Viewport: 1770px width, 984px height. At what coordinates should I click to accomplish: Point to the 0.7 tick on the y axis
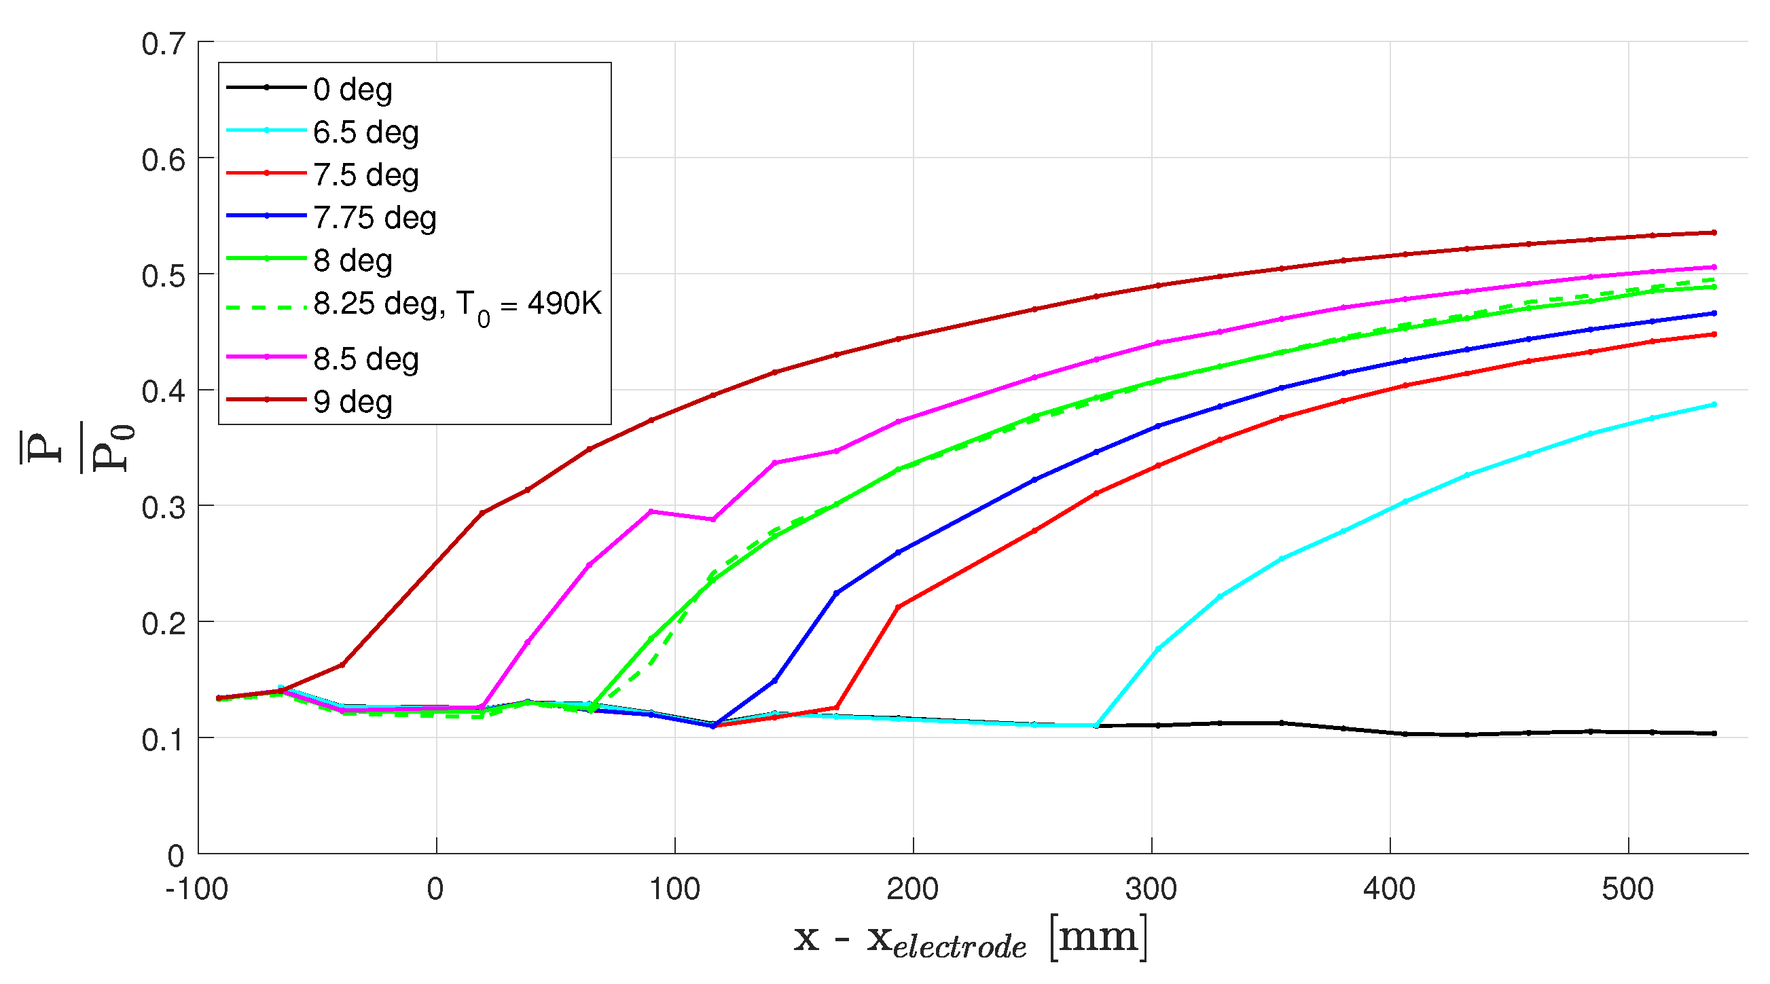(x=164, y=44)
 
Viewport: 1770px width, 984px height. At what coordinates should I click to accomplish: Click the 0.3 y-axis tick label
(x=164, y=508)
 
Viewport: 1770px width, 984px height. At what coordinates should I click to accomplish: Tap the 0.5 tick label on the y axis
(x=164, y=276)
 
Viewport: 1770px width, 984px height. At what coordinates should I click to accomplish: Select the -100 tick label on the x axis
(x=196, y=890)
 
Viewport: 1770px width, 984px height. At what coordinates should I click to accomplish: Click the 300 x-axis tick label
(x=1151, y=890)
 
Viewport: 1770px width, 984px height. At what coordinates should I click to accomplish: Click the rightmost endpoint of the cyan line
(x=1714, y=405)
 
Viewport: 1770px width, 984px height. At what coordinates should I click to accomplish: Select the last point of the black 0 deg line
(x=1714, y=734)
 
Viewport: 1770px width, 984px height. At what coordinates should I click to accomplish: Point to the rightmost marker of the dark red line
(x=1714, y=233)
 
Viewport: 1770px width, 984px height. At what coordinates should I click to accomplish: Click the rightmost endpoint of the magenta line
(x=1714, y=268)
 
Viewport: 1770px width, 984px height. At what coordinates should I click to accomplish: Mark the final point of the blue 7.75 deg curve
(x=1714, y=313)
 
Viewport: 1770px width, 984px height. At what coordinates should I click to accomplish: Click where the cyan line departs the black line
(x=1097, y=726)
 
